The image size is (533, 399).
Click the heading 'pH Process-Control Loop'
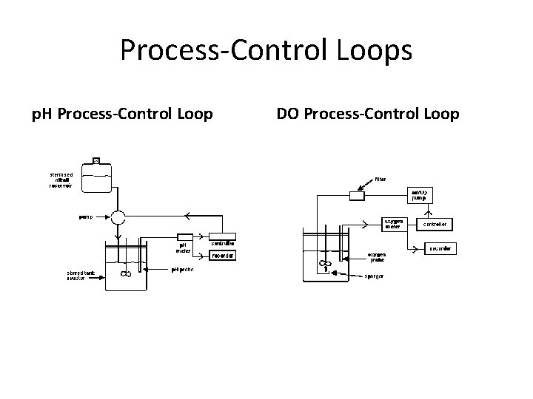(121, 115)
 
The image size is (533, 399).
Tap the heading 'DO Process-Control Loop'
(367, 115)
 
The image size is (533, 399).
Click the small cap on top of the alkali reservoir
(97, 160)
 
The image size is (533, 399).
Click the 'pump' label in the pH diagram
(87, 218)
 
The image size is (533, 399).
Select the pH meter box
(183, 248)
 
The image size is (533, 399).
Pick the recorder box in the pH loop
(224, 256)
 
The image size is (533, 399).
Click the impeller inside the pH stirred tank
(125, 275)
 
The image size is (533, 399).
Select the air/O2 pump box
(419, 195)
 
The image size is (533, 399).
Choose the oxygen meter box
(392, 224)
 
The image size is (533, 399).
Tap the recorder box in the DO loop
(440, 248)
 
